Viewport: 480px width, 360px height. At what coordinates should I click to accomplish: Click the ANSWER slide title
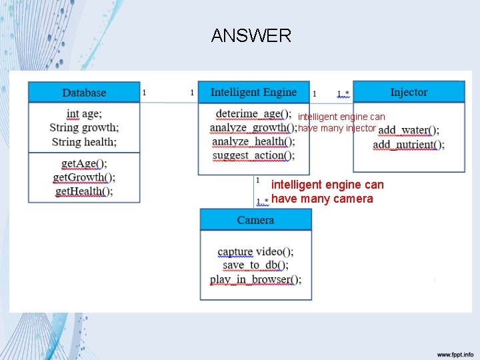(251, 36)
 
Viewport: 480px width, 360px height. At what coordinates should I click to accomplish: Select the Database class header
(84, 93)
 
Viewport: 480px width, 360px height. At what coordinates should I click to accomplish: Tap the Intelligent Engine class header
(253, 92)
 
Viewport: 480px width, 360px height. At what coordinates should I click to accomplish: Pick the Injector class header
(409, 92)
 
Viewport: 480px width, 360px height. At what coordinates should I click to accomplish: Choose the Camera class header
(255, 220)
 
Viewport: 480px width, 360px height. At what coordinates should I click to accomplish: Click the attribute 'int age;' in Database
(84, 114)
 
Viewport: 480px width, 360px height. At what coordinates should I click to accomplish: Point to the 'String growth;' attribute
(84, 127)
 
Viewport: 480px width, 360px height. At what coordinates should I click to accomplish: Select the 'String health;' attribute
(84, 141)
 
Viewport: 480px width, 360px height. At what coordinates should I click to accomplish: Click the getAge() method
(84, 163)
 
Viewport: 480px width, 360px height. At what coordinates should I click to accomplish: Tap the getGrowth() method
(84, 177)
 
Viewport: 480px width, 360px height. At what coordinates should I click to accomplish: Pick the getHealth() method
(84, 191)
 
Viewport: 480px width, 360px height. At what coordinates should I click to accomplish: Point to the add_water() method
(409, 131)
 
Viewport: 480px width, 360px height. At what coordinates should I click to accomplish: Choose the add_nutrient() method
(409, 145)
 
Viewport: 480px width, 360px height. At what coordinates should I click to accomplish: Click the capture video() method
(255, 252)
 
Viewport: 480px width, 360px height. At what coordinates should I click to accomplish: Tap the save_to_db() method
(255, 265)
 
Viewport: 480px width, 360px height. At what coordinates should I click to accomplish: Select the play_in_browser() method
(255, 279)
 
